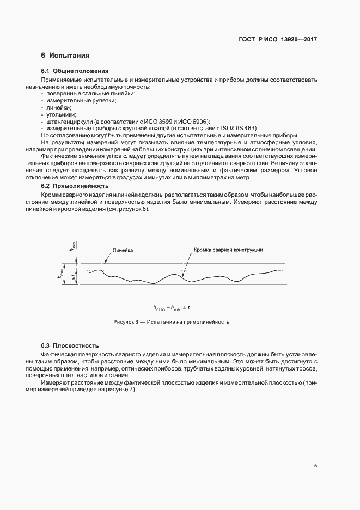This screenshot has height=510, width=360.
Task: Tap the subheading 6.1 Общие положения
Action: pyautogui.click(x=75, y=71)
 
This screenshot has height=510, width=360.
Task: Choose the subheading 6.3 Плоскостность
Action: pyautogui.click(x=70, y=346)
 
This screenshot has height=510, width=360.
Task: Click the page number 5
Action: pyautogui.click(x=316, y=466)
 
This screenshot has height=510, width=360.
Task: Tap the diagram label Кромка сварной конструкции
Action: pyautogui.click(x=228, y=250)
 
